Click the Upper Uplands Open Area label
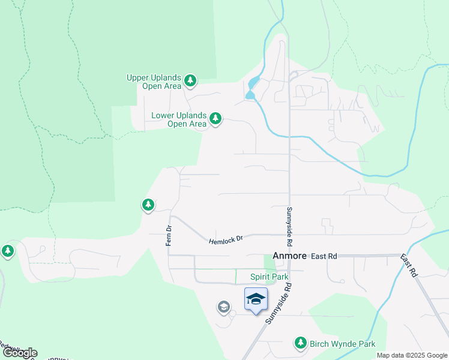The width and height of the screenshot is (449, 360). pyautogui.click(x=154, y=82)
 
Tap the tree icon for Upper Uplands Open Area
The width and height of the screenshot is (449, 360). pyautogui.click(x=190, y=80)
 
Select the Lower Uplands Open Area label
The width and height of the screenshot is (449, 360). pyautogui.click(x=179, y=120)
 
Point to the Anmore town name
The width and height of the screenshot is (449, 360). pyautogui.click(x=289, y=256)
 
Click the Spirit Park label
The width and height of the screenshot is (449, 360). pyautogui.click(x=270, y=277)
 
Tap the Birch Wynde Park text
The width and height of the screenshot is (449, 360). pyautogui.click(x=343, y=344)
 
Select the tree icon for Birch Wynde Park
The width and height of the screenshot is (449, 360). pyautogui.click(x=300, y=343)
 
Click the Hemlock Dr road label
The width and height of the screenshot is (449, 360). pyautogui.click(x=226, y=239)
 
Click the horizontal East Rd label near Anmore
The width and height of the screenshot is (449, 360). pyautogui.click(x=324, y=256)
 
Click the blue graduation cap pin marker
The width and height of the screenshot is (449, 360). pyautogui.click(x=256, y=299)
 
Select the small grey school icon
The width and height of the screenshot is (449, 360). pyautogui.click(x=224, y=308)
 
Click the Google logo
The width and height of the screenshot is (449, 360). pyautogui.click(x=20, y=353)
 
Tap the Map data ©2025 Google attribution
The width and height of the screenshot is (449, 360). pyautogui.click(x=412, y=355)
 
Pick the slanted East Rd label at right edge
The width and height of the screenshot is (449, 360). pyautogui.click(x=410, y=263)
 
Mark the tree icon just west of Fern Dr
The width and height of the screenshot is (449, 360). pyautogui.click(x=148, y=205)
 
